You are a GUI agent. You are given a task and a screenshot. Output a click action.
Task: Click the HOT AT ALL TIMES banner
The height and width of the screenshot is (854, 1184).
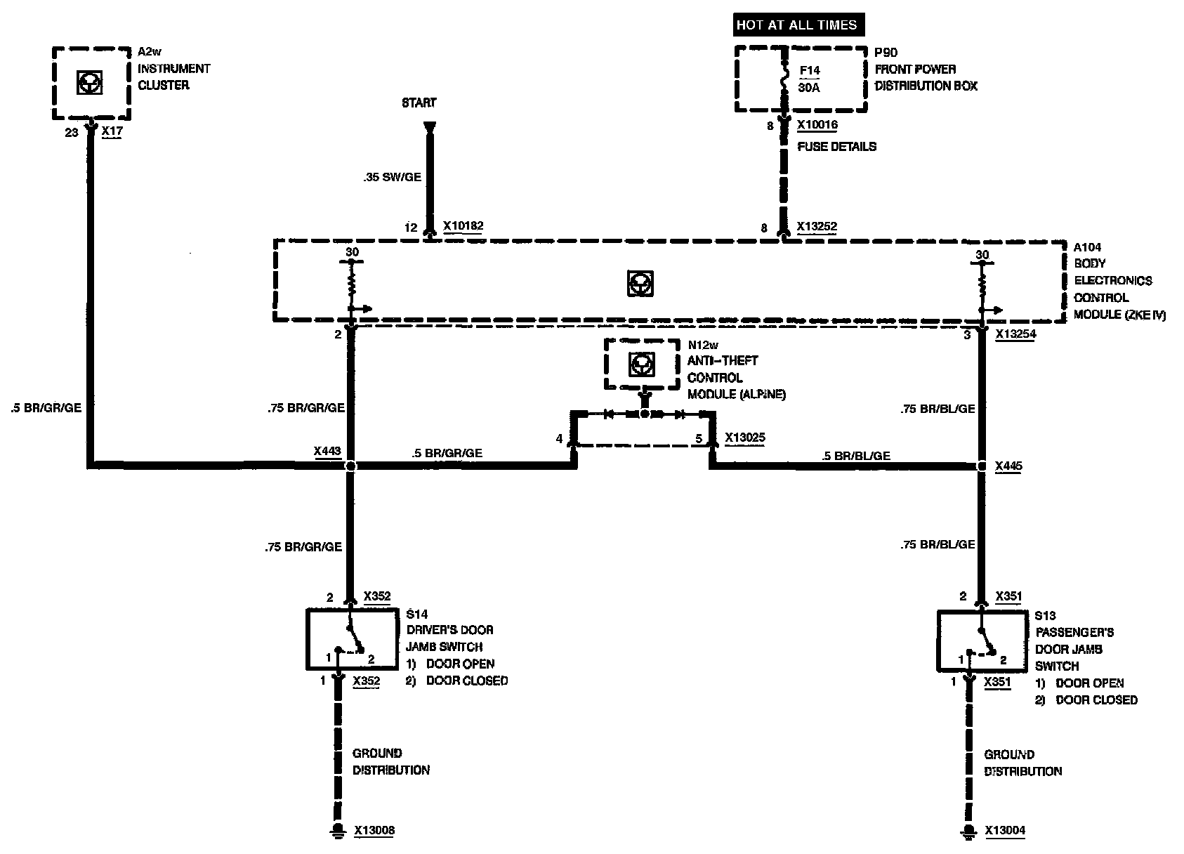pyautogui.click(x=796, y=25)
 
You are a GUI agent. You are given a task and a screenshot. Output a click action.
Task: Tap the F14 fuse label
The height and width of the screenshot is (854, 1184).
pyautogui.click(x=810, y=71)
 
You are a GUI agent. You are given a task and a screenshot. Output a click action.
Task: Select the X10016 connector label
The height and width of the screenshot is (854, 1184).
pyautogui.click(x=817, y=126)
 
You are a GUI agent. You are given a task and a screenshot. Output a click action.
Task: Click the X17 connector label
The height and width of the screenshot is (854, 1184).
pyautogui.click(x=111, y=131)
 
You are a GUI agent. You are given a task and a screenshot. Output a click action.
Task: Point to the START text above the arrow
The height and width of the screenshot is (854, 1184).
pyautogui.click(x=419, y=103)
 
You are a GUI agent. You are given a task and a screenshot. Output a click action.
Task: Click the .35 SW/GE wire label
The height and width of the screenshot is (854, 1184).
pyautogui.click(x=393, y=178)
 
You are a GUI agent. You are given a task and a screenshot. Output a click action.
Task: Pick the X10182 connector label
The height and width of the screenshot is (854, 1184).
pyautogui.click(x=463, y=227)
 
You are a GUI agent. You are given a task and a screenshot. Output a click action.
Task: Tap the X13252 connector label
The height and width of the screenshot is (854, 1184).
pyautogui.click(x=817, y=228)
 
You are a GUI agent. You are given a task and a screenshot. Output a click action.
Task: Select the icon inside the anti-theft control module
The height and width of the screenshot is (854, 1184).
pyautogui.click(x=639, y=363)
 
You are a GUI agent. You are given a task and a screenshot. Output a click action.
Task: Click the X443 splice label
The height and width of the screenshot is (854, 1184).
pyautogui.click(x=327, y=452)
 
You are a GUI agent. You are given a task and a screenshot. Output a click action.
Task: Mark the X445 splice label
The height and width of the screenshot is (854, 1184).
pyautogui.click(x=1008, y=466)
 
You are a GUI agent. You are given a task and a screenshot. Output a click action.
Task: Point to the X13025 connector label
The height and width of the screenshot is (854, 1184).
pyautogui.click(x=744, y=438)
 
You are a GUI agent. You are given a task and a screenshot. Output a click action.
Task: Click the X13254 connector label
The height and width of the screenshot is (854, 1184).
pyautogui.click(x=1015, y=335)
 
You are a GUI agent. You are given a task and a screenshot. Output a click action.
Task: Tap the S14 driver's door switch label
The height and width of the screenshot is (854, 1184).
pyautogui.click(x=417, y=613)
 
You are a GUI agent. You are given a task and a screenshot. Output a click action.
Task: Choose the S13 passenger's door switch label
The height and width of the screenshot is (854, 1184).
pyautogui.click(x=1045, y=616)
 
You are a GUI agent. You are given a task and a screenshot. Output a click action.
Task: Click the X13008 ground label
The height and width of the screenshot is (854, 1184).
pyautogui.click(x=374, y=831)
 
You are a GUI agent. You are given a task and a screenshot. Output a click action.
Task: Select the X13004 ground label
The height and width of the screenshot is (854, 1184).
pyautogui.click(x=1005, y=831)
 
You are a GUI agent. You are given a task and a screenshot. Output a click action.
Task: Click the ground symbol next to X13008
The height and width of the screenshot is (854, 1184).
pyautogui.click(x=338, y=830)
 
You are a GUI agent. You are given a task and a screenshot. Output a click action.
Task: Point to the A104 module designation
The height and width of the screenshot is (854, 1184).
pyautogui.click(x=1087, y=247)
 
